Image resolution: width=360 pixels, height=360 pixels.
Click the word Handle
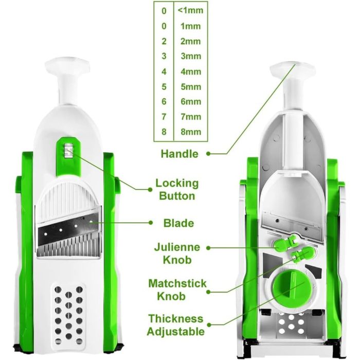(179, 154)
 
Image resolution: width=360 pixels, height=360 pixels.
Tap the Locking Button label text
(177, 190)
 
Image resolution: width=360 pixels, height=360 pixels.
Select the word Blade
(178, 223)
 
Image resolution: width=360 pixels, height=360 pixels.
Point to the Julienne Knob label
(177, 254)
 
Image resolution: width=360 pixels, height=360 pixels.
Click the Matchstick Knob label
(177, 290)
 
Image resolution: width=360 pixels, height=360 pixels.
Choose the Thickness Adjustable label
(176, 325)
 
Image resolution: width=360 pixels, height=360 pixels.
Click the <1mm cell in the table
(191, 11)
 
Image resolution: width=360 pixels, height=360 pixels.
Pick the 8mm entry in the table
(191, 132)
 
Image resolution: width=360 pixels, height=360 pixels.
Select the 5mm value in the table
(191, 87)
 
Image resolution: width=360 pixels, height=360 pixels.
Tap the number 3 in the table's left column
(164, 56)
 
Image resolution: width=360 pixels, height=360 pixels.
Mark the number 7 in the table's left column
(164, 117)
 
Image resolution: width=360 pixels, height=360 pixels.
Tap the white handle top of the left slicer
(67, 65)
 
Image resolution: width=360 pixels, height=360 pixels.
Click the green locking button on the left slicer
(68, 156)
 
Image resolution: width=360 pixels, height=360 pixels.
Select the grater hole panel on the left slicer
(68, 315)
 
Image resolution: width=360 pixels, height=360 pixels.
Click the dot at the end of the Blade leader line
(151, 223)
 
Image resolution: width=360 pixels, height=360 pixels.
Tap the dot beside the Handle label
(208, 154)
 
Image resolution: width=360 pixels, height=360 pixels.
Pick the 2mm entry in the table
(191, 41)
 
